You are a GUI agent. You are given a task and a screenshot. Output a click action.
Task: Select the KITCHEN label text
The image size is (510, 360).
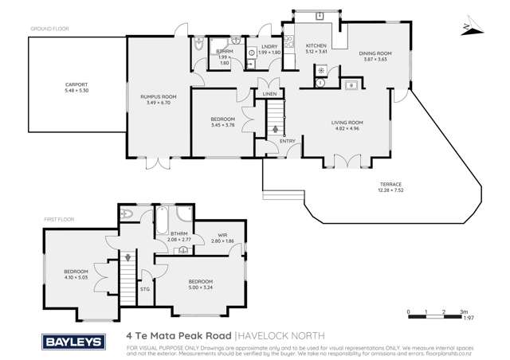click(x=317, y=46)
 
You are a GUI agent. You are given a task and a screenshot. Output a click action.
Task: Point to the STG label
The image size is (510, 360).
click(x=144, y=289)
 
